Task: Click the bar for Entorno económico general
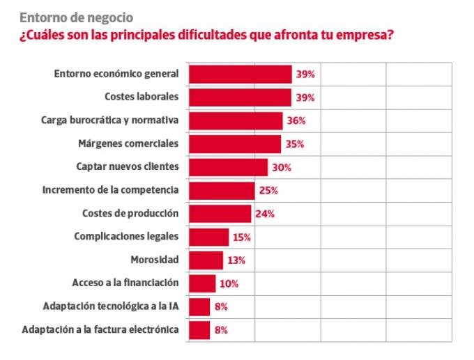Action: (240, 74)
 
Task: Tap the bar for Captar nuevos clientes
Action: (229, 167)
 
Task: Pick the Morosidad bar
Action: (206, 260)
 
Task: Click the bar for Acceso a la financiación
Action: (202, 283)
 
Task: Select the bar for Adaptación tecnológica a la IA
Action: (199, 306)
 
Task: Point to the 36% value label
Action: (296, 120)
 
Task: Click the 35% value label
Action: (294, 144)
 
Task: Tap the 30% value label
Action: (281, 167)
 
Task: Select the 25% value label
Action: (268, 190)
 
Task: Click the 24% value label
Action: (265, 214)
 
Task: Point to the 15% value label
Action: (242, 237)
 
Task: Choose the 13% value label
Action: (236, 260)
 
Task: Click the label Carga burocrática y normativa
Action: (110, 120)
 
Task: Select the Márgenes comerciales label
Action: (128, 143)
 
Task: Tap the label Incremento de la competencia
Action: (111, 189)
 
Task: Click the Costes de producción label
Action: (130, 213)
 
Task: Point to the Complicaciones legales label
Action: (126, 236)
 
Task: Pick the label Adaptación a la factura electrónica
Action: (100, 329)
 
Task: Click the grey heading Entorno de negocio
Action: (77, 17)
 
